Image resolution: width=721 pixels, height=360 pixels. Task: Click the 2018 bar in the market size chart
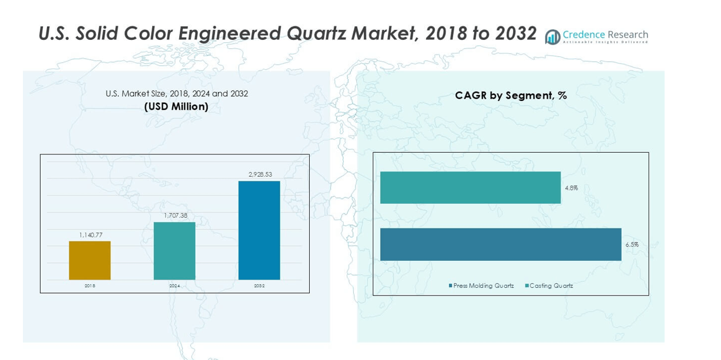89,260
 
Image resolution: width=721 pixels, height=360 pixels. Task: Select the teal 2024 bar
175,251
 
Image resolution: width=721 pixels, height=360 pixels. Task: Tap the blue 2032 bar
259,230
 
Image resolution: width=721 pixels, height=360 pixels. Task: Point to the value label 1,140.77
90,235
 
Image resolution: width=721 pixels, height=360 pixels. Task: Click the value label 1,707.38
175,216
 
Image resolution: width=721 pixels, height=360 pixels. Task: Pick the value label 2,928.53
259,174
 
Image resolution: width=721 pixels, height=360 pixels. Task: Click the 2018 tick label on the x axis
89,286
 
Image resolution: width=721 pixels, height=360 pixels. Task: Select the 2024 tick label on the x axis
175,286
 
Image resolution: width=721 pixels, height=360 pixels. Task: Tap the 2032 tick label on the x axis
259,286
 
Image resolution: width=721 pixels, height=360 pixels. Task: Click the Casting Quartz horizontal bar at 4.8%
470,187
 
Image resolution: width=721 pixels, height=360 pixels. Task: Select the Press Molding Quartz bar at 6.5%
500,244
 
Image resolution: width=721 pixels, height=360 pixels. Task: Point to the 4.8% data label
571,188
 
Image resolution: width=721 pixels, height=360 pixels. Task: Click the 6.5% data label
632,244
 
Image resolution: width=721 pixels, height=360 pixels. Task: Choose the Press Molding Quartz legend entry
481,286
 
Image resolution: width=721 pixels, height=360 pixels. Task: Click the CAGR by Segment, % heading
510,95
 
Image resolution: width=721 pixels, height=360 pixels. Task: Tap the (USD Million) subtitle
176,107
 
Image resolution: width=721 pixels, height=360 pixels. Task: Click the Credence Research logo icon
552,37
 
